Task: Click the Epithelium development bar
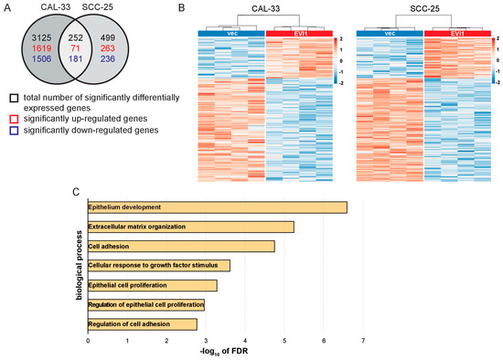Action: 217,207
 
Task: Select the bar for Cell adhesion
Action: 180,246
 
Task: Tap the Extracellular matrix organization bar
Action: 190,227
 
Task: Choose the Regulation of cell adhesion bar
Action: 142,323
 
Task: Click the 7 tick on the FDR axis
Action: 364,341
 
